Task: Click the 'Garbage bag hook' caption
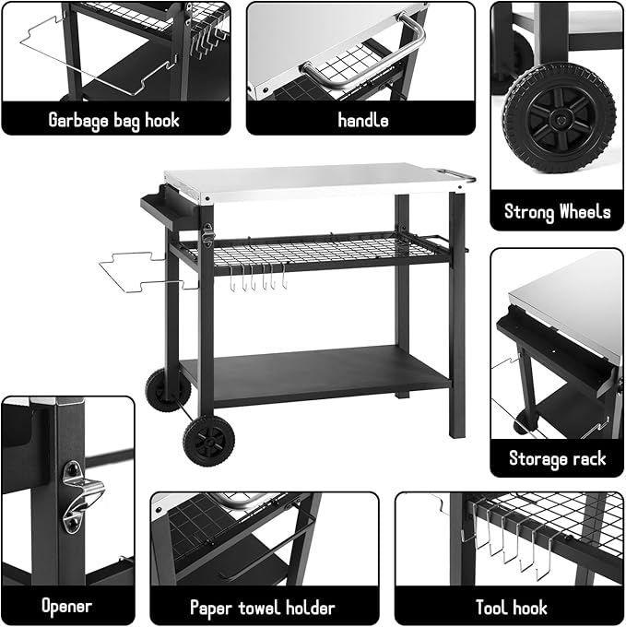pos(114,120)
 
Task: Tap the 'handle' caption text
pos(362,120)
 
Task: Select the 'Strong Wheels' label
pos(557,212)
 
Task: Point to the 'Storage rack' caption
pos(557,458)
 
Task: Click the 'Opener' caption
pos(66,607)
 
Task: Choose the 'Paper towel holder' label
pos(262,607)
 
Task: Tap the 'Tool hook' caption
pos(510,607)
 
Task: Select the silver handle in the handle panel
pos(364,55)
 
